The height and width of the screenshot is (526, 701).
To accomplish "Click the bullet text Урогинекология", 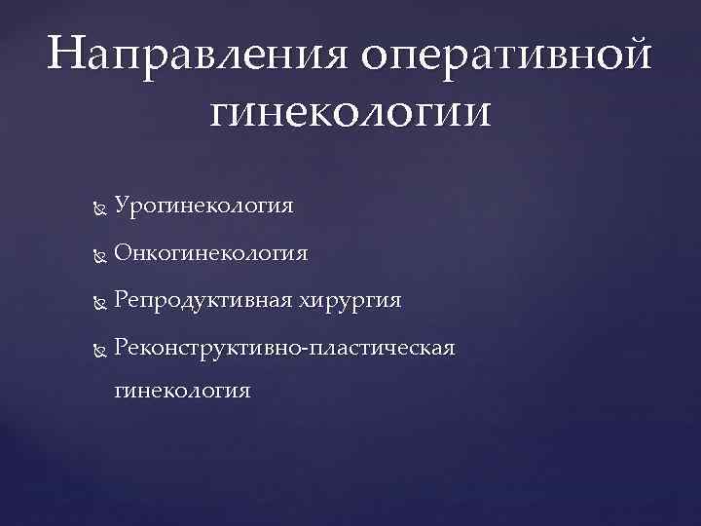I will pos(203,207).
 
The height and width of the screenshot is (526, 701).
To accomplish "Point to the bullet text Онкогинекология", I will pos(210,253).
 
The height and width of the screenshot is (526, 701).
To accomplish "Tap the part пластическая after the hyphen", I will pos(381,347).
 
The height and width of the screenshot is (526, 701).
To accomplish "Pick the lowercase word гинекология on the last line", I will pos(182,391).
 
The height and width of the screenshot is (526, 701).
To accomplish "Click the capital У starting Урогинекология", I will pos(121,207).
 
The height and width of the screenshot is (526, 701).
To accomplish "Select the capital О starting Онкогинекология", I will pos(122,253).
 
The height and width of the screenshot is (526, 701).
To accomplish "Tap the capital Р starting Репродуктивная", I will pos(121,300).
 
